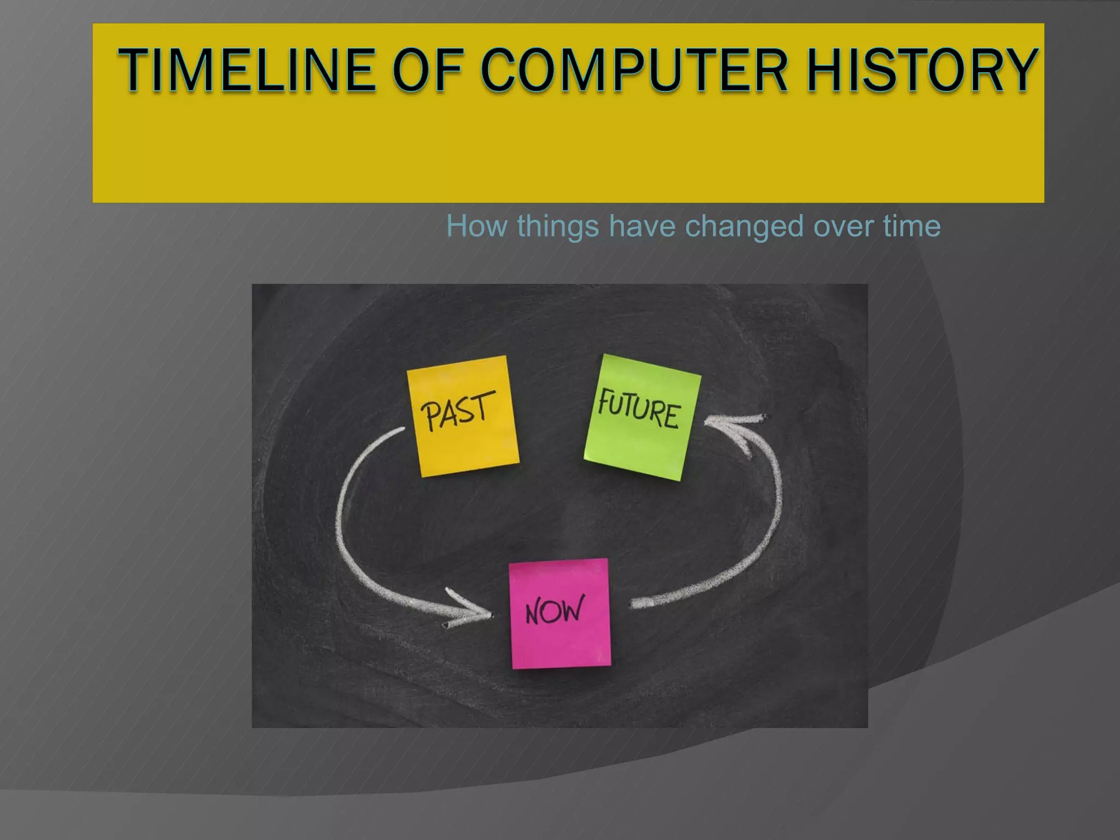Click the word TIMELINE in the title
coord(246,70)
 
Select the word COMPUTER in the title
coord(634,70)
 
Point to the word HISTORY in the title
coord(921,70)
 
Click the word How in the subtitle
coord(476,226)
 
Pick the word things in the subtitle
coord(558,226)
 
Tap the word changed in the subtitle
coord(744,226)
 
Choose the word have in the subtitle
coord(642,226)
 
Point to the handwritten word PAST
coord(457,410)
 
